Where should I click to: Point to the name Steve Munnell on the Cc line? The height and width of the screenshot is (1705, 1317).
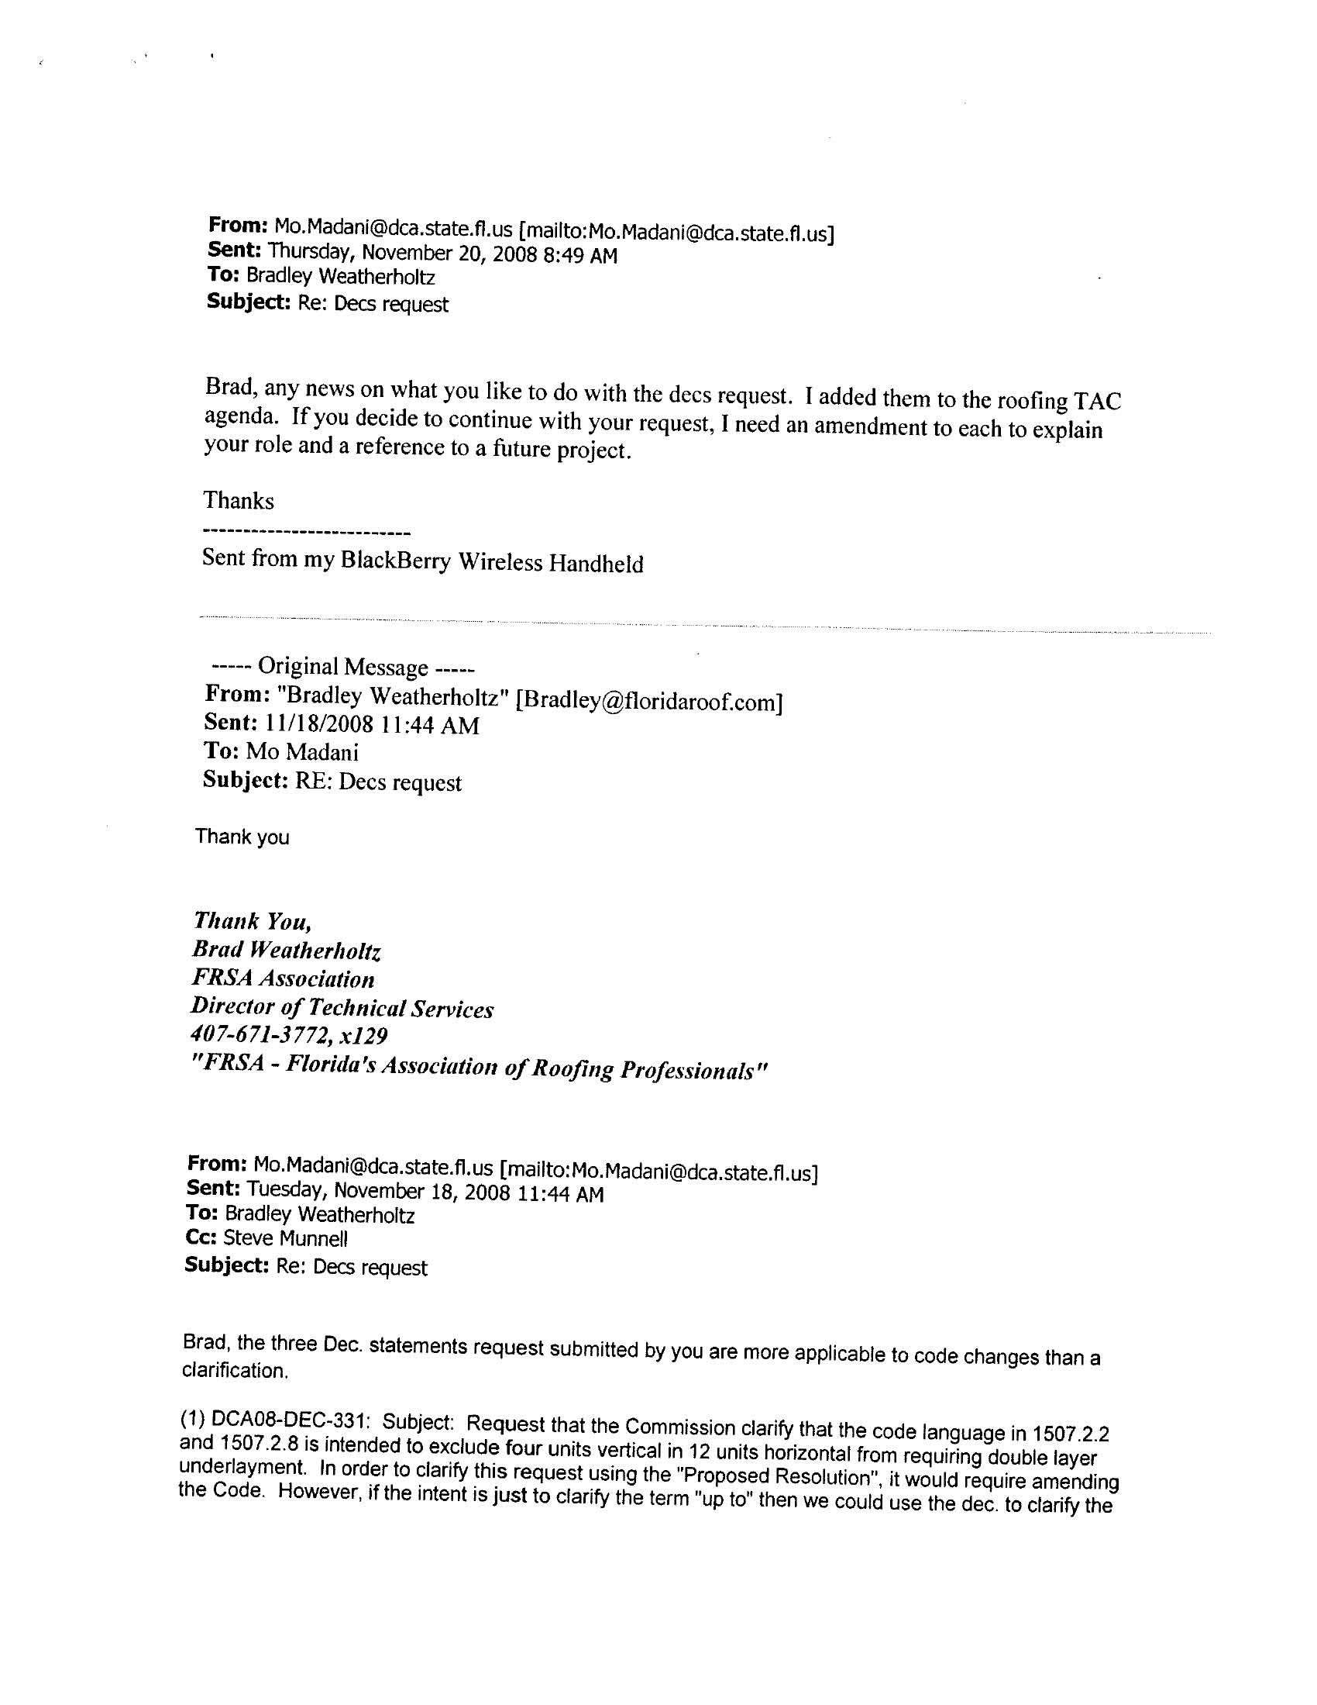[x=286, y=1238]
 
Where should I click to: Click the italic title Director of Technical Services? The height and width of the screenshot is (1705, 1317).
[x=342, y=1008]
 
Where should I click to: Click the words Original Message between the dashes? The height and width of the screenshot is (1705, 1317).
[x=342, y=667]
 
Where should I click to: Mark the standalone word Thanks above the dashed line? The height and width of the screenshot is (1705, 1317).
[x=239, y=500]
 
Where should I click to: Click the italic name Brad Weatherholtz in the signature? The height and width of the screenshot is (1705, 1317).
[x=287, y=950]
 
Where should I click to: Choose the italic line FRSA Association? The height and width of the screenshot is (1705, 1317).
[x=284, y=979]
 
